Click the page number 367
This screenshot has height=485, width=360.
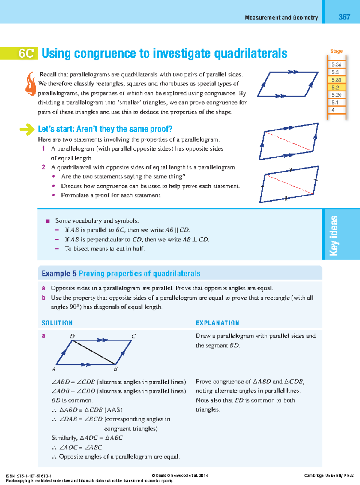[x=344, y=17]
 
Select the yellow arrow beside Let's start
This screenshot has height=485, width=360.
[x=27, y=129]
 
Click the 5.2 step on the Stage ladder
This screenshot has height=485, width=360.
[x=335, y=88]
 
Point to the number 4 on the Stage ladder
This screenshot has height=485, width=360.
[x=333, y=110]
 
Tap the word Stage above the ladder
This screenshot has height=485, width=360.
[x=336, y=51]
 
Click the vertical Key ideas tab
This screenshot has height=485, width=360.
[x=334, y=235]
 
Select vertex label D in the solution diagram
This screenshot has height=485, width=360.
[x=72, y=336]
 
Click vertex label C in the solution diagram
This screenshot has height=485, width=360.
[x=133, y=336]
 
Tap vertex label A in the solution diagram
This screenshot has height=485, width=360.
[x=54, y=369]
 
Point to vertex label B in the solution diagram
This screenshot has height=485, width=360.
[x=115, y=369]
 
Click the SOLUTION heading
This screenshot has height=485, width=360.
[x=57, y=323]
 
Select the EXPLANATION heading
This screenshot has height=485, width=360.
[x=217, y=323]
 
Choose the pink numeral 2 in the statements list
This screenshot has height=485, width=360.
[x=43, y=167]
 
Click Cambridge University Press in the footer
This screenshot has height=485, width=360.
[x=329, y=475]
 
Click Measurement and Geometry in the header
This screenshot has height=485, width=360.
[x=281, y=18]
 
